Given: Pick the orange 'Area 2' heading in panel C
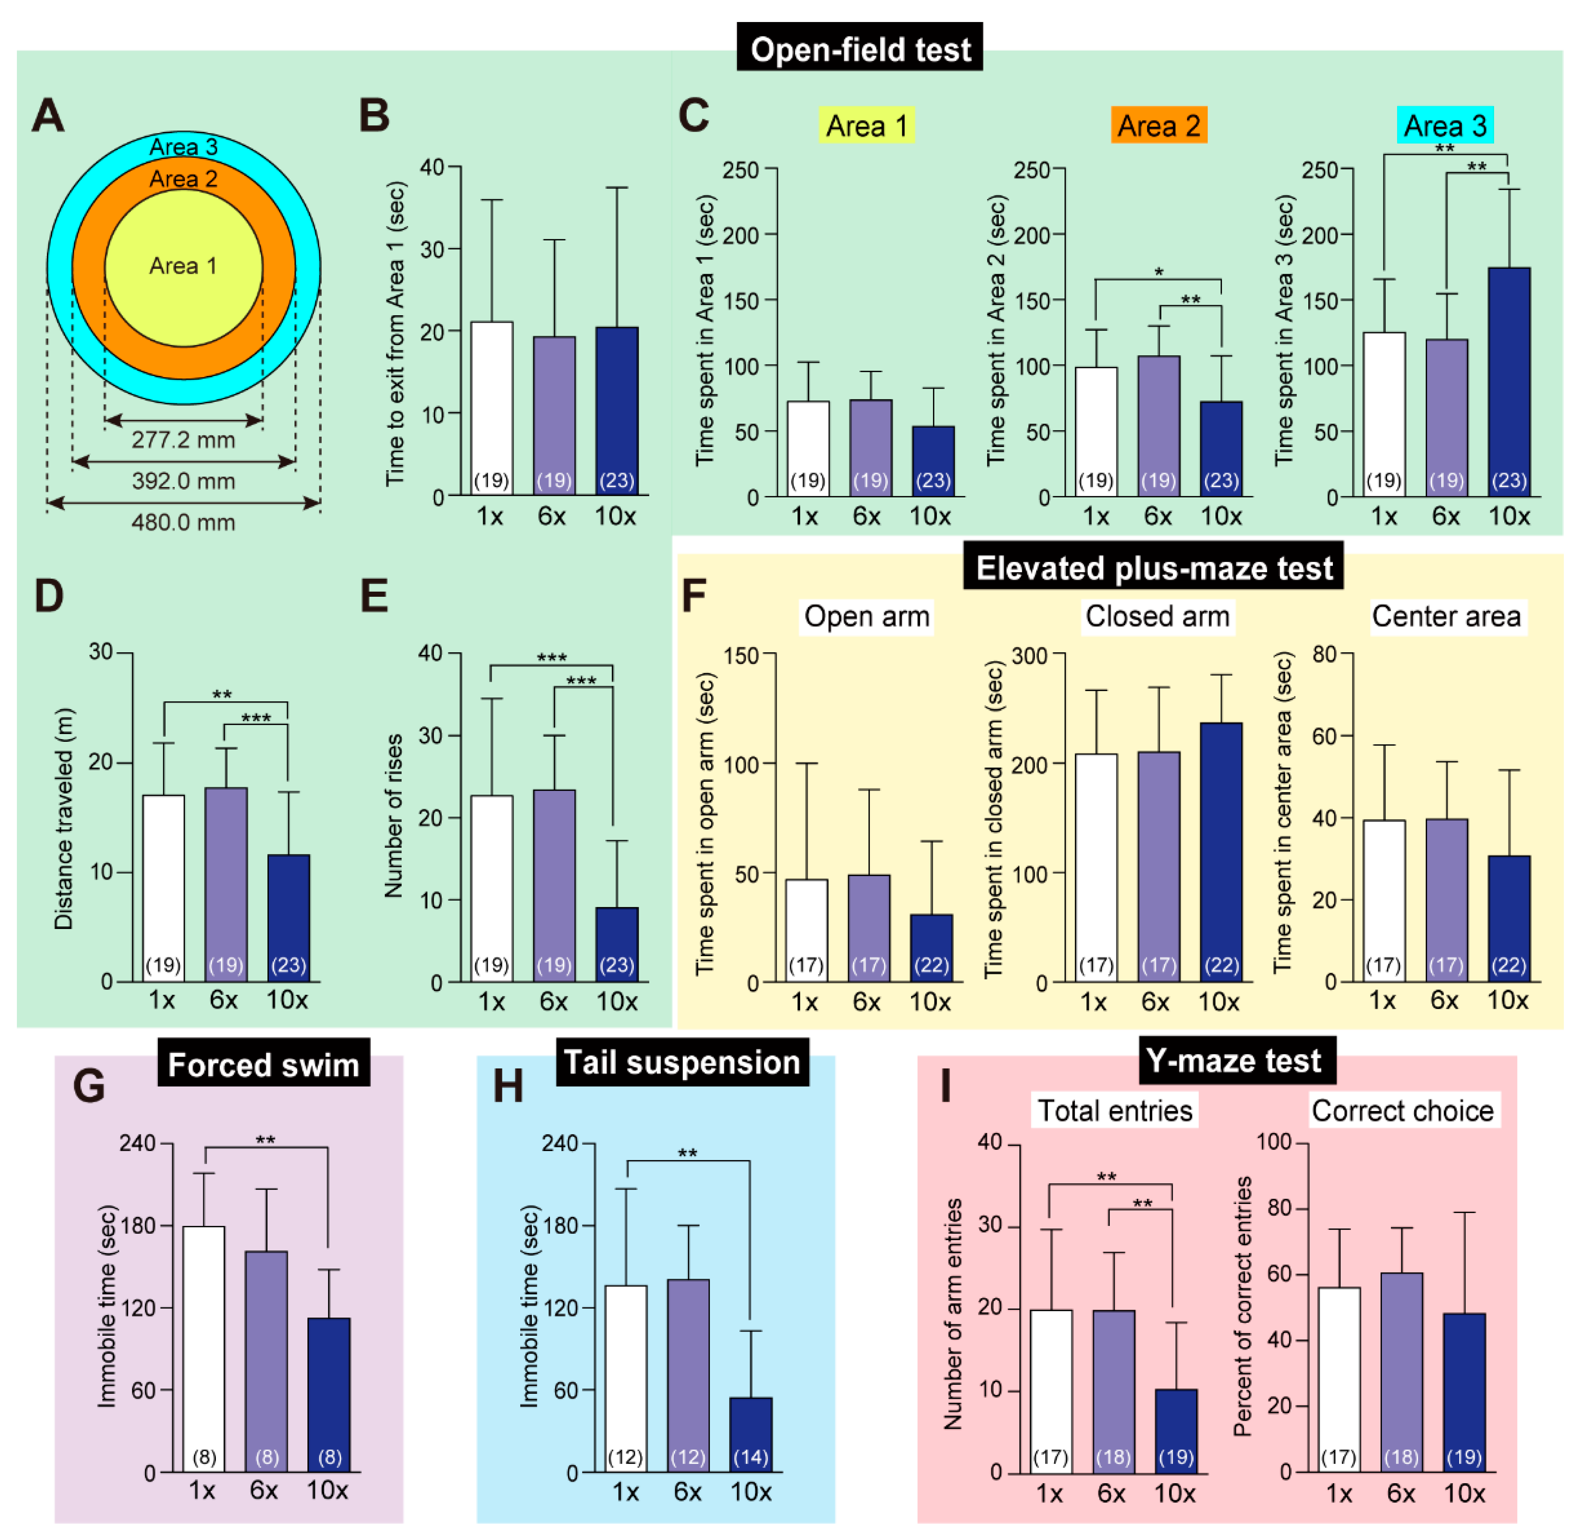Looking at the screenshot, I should pos(1158,126).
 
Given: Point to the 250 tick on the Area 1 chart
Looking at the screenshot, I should pos(740,170).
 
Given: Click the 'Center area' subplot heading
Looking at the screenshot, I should pos(1446,617).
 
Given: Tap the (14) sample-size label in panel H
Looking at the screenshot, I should pos(750,1457).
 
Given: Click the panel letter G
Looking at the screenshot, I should pos(88,1085).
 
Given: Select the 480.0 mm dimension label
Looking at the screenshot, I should pos(184,522).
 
